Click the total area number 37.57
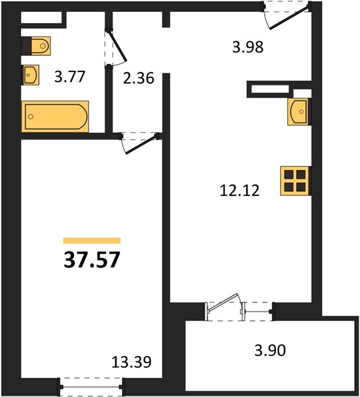(91, 260)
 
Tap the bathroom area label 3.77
(69, 77)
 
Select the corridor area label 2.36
(138, 78)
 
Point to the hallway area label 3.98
(248, 48)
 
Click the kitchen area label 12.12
(240, 191)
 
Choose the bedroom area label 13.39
(132, 362)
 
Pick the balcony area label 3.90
(270, 351)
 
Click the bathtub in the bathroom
(55, 116)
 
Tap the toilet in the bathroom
(41, 46)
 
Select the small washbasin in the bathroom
(31, 75)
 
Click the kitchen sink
(298, 112)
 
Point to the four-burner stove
(295, 181)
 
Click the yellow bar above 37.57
(92, 241)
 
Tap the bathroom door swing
(115, 48)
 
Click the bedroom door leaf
(141, 144)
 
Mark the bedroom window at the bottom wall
(91, 386)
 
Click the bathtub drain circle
(31, 116)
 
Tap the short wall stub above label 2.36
(166, 19)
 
